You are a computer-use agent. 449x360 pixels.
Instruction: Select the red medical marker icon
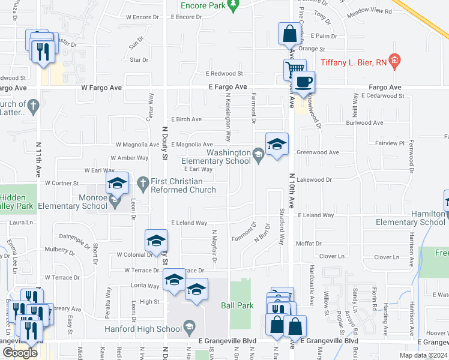[x=394, y=60]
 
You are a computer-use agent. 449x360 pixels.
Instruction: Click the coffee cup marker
[x=303, y=81]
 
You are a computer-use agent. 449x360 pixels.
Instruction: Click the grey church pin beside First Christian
[x=143, y=182]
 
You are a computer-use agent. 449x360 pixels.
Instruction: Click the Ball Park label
[x=237, y=305]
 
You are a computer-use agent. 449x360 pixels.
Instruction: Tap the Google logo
[x=20, y=353]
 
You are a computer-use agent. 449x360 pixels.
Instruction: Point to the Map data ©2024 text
[x=423, y=355]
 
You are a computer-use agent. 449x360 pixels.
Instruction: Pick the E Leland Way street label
[x=189, y=223]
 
